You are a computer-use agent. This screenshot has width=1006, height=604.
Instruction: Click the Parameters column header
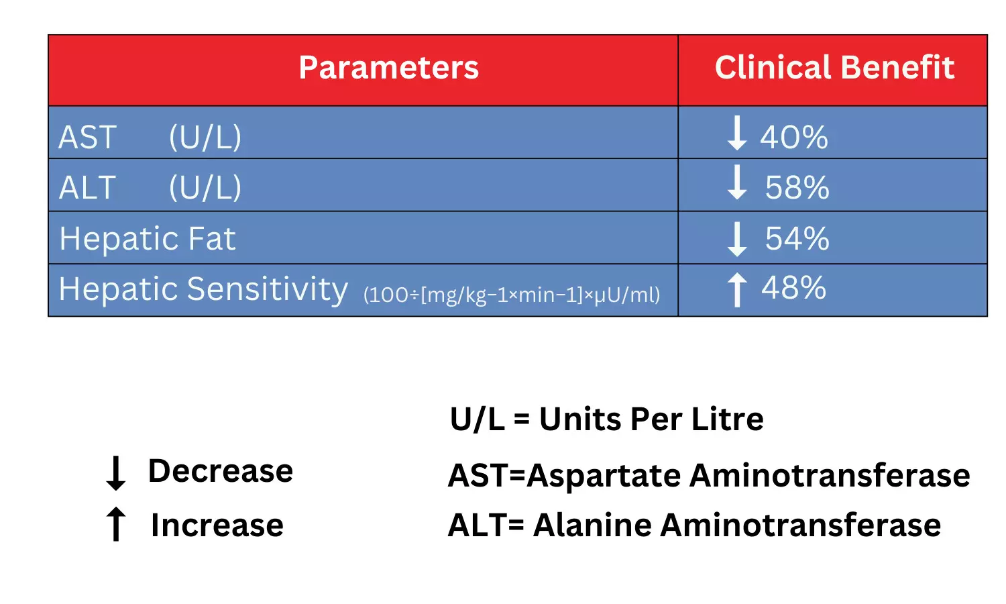pyautogui.click(x=389, y=67)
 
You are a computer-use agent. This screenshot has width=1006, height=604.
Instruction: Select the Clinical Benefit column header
pyautogui.click(x=834, y=67)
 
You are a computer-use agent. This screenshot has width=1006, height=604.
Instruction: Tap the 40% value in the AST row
pyautogui.click(x=794, y=137)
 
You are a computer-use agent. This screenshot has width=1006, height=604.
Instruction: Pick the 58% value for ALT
pyautogui.click(x=797, y=187)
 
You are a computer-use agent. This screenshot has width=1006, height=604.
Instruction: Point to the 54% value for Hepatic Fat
pyautogui.click(x=797, y=238)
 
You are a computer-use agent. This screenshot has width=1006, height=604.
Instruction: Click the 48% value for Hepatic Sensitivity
pyautogui.click(x=794, y=288)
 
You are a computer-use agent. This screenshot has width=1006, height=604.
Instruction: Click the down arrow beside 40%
pyautogui.click(x=737, y=133)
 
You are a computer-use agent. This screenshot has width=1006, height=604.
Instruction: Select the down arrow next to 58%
pyautogui.click(x=737, y=182)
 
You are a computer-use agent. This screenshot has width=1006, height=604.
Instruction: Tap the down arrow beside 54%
pyautogui.click(x=737, y=239)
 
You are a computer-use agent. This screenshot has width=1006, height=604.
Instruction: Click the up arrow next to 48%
pyautogui.click(x=737, y=290)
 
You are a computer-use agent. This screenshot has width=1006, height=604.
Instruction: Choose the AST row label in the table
pyautogui.click(x=88, y=137)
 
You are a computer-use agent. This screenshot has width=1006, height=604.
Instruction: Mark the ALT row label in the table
pyautogui.click(x=88, y=187)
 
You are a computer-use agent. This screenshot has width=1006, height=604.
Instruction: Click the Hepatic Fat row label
pyautogui.click(x=148, y=239)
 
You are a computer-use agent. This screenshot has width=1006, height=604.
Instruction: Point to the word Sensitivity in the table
pyautogui.click(x=267, y=289)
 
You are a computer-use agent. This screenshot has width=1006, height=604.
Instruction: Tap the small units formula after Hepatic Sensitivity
pyautogui.click(x=512, y=295)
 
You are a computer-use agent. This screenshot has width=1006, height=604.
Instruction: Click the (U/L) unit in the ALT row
pyautogui.click(x=205, y=187)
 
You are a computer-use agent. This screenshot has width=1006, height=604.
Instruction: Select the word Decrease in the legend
pyautogui.click(x=221, y=471)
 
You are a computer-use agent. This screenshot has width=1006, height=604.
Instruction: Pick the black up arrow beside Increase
pyautogui.click(x=116, y=524)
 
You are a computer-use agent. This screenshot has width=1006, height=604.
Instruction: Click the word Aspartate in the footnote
pyautogui.click(x=604, y=476)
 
